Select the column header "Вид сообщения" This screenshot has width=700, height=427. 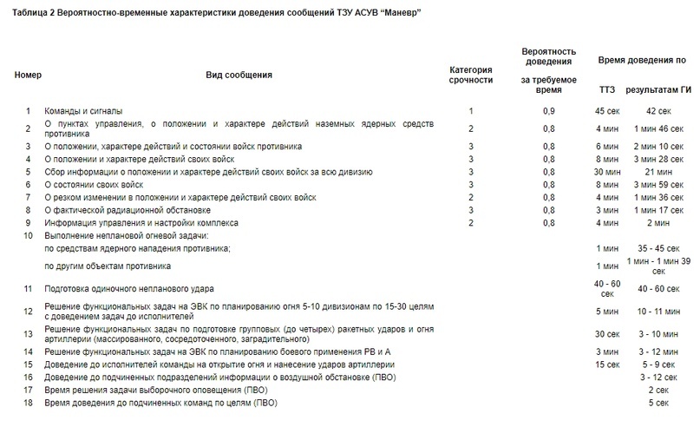tap(239, 75)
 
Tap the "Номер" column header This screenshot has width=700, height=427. tap(29, 75)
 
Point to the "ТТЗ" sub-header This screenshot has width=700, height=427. tap(607, 89)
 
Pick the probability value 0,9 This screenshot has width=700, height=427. tap(548, 111)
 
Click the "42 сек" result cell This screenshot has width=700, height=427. tap(658, 111)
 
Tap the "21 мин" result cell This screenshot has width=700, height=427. tap(658, 172)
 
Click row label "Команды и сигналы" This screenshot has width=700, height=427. tap(83, 111)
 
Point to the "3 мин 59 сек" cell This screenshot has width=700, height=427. tap(658, 185)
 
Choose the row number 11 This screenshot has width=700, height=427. tap(29, 288)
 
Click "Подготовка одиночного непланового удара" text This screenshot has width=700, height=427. tap(129, 288)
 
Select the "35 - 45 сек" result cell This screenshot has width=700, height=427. tap(658, 248)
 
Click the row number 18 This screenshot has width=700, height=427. tap(29, 404)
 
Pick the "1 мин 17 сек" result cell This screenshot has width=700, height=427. tap(658, 210)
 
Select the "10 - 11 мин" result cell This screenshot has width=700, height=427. tap(658, 311)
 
